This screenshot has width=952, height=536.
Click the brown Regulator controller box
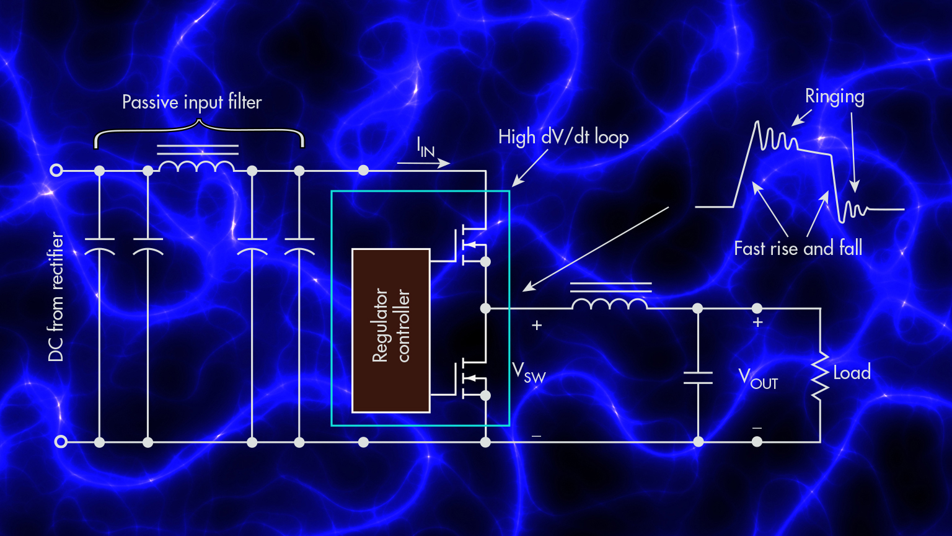pyautogui.click(x=390, y=330)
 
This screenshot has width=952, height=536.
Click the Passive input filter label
pyautogui.click(x=192, y=102)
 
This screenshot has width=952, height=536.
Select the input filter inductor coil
pyautogui.click(x=197, y=166)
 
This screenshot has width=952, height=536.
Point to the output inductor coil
pyautogui.click(x=610, y=304)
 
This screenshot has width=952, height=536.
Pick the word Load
pyautogui.click(x=852, y=372)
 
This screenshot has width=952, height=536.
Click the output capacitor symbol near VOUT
pyautogui.click(x=698, y=378)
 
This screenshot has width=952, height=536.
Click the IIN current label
pyautogui.click(x=425, y=147)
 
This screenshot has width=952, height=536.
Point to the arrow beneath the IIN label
pyautogui.click(x=423, y=164)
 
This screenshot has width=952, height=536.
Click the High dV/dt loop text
pyautogui.click(x=563, y=137)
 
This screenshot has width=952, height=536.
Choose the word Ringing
pyautogui.click(x=834, y=97)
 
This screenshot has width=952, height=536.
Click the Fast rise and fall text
pyautogui.click(x=798, y=249)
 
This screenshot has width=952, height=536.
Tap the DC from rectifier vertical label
pyautogui.click(x=56, y=297)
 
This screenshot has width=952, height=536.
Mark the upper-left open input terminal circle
pyautogui.click(x=56, y=171)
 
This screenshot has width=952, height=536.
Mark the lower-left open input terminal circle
pyautogui.click(x=61, y=442)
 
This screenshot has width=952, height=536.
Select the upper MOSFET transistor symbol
pyautogui.click(x=471, y=246)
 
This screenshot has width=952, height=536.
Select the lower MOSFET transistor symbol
pyautogui.click(x=471, y=379)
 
